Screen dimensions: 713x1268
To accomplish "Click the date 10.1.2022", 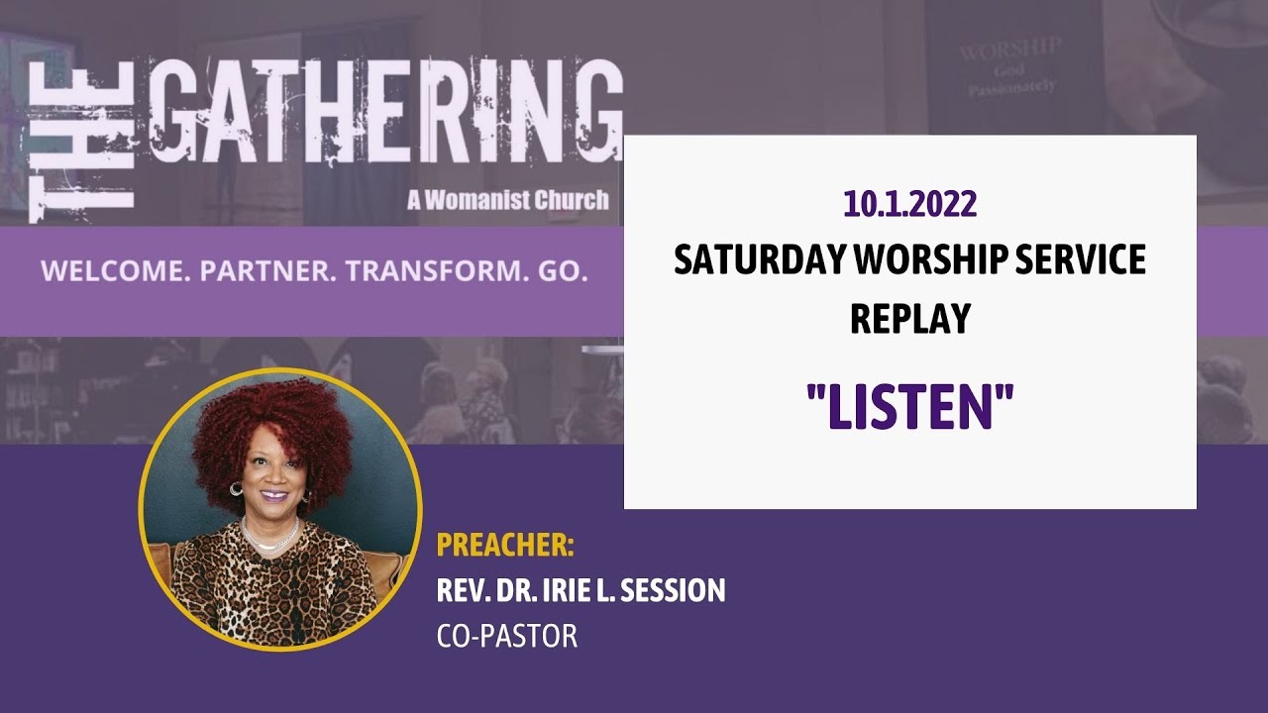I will pos(909,204).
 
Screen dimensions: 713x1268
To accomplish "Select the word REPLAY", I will pos(909,318).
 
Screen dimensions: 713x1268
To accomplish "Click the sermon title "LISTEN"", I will pos(909,406).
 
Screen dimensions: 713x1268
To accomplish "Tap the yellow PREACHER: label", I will pos(505,546).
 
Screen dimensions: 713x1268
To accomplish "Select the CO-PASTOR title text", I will pos(506,636).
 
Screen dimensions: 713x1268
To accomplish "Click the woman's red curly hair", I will pos(272,426).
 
